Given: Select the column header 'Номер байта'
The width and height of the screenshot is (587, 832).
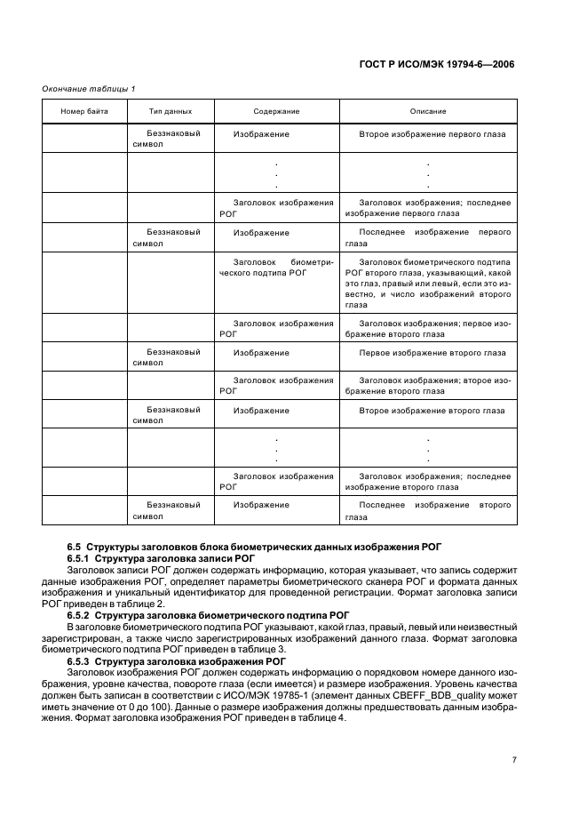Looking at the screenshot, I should (x=84, y=111).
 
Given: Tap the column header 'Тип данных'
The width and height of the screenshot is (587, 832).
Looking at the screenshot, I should (x=171, y=111).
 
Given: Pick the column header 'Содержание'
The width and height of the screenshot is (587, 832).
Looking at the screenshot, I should (x=276, y=111).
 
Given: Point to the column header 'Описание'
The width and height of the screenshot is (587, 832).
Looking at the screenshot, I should (x=427, y=111).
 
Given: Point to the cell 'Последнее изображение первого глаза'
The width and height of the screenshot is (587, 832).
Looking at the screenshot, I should (x=427, y=237).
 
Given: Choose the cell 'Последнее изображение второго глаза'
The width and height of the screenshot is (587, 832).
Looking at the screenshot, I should (x=427, y=510).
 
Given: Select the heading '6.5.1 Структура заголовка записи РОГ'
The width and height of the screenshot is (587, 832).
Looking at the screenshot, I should (x=161, y=558).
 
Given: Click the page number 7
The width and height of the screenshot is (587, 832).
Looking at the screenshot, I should (x=513, y=760).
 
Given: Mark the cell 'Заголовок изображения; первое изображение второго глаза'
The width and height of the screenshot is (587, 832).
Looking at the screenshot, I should (x=427, y=329).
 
